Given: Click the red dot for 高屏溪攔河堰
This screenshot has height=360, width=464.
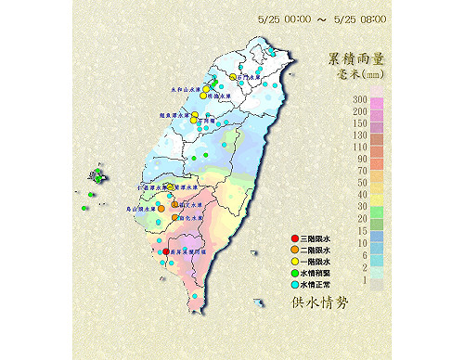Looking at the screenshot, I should click(x=166, y=251).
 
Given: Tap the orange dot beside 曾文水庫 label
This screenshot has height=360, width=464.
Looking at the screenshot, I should click(x=174, y=205).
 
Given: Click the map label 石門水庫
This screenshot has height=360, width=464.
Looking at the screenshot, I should click(x=250, y=78).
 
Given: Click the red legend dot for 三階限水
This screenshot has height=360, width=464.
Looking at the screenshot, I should click(x=294, y=240).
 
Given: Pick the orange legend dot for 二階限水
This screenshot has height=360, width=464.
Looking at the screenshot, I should click(x=294, y=251).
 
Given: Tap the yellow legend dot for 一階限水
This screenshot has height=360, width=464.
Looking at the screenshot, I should click(x=294, y=261).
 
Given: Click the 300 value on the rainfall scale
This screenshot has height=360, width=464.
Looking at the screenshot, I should click(x=358, y=99).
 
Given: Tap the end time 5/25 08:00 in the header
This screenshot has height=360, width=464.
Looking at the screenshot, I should click(x=360, y=19).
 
